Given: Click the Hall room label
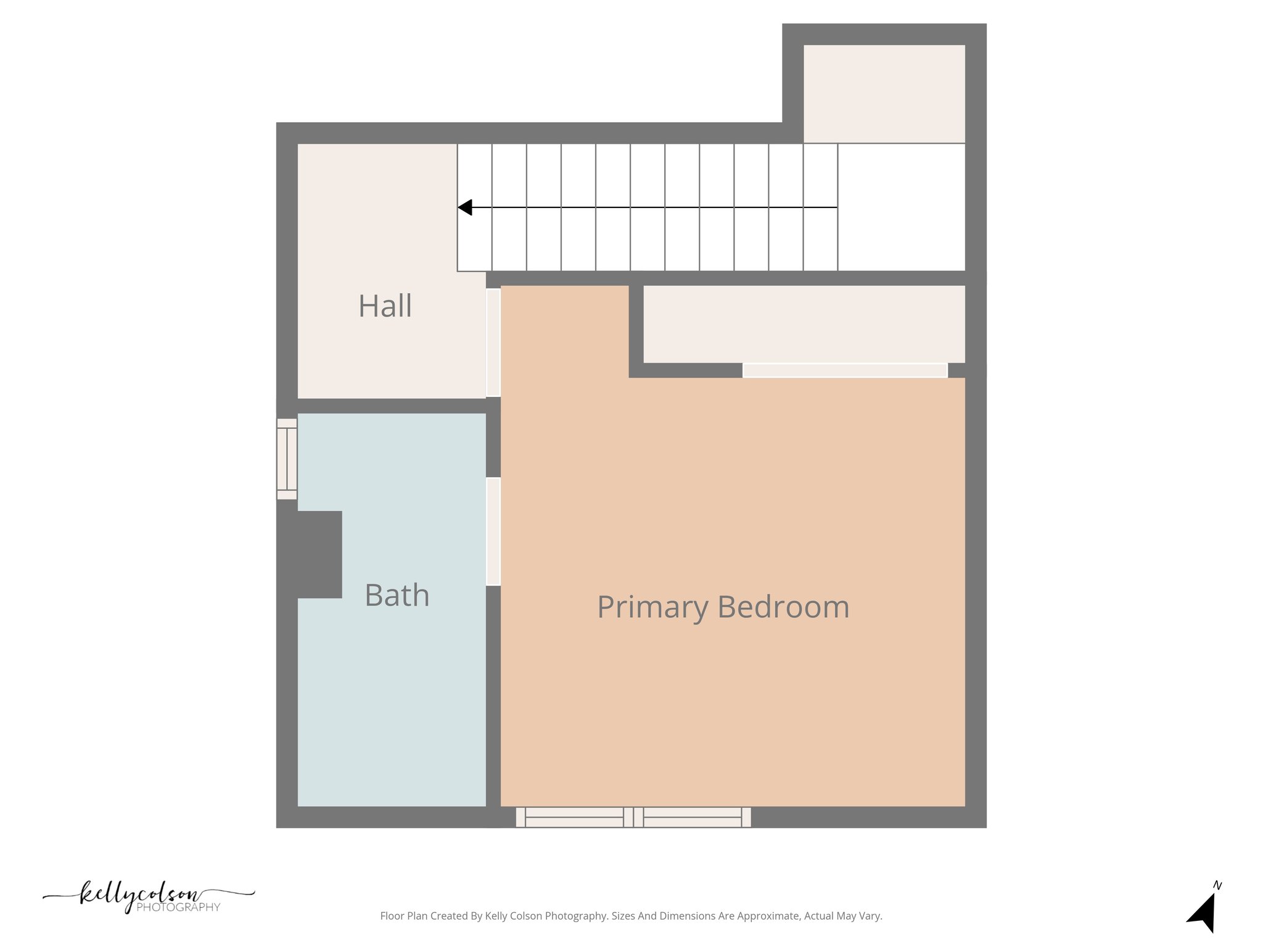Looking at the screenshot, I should click(x=385, y=306).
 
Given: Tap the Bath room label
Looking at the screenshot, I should click(x=397, y=596).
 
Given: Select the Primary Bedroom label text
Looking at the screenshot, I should click(x=723, y=607).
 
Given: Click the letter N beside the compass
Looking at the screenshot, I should click(x=1217, y=886).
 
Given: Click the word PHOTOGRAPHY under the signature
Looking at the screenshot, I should click(x=178, y=907).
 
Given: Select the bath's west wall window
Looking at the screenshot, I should click(x=287, y=459).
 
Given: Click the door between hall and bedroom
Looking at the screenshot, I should click(x=493, y=343).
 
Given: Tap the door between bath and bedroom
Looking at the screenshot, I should click(x=493, y=531).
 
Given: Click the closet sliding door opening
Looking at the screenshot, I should click(x=845, y=370).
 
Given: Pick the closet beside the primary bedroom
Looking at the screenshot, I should click(x=804, y=324).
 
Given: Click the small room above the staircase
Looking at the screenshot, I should click(x=884, y=94).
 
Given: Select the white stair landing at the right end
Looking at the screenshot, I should click(x=901, y=207).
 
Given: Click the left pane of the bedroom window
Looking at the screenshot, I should click(x=574, y=817).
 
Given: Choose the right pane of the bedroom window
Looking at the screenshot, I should click(x=692, y=817).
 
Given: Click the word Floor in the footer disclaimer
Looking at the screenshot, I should click(x=392, y=916).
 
